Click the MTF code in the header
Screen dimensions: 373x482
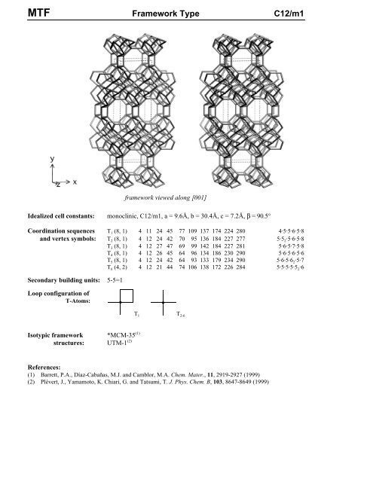click(x=19, y=12)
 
